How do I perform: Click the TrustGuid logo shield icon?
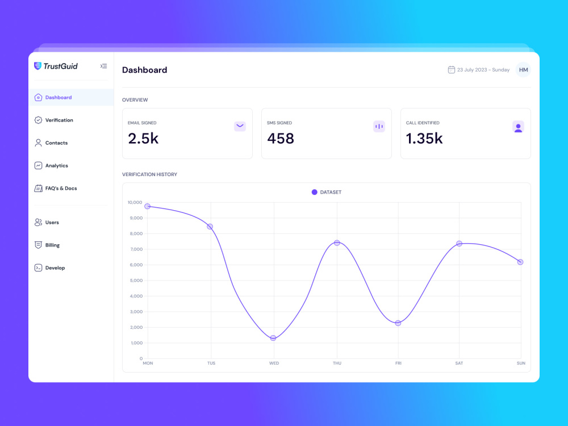coord(38,66)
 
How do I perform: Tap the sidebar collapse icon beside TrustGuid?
coord(103,66)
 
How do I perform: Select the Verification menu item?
coord(59,120)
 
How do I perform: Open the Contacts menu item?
coord(56,143)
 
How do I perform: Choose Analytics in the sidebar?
coord(56,166)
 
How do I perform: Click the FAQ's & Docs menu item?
coord(61,189)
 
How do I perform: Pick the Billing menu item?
coord(52,245)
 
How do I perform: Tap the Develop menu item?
coord(55,268)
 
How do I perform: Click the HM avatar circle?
coord(523,70)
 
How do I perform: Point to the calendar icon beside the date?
coord(452,70)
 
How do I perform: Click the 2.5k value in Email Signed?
coord(143,139)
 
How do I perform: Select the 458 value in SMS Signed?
coord(281,139)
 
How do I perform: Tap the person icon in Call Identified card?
coord(518,127)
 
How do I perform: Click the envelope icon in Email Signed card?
coord(240,126)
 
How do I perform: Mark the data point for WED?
coord(273,338)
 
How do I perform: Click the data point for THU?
coord(337,243)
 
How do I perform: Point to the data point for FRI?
coord(398,323)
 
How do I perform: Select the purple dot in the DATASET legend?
coord(314,192)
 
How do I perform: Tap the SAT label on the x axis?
coord(458,363)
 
